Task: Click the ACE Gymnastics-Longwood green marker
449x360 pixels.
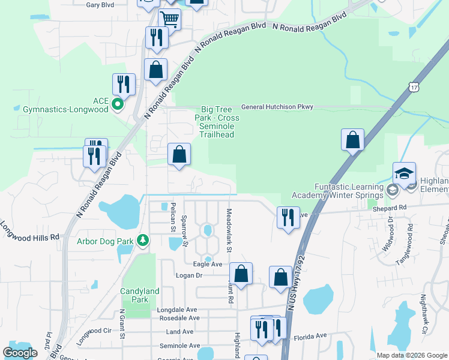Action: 118,104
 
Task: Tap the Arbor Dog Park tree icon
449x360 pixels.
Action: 142,241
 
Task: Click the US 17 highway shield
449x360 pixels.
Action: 413,88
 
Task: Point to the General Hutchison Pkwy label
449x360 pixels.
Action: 277,107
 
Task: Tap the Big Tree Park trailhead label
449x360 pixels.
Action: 217,122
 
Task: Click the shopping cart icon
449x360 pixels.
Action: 170,20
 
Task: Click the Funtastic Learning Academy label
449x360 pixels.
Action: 337,191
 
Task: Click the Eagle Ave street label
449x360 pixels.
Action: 208,264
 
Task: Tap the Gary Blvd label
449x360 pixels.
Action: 100,5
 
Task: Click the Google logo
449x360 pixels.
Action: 20,352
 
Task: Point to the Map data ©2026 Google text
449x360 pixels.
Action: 412,355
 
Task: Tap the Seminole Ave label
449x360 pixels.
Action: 179,346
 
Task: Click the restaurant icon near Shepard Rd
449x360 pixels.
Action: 289,217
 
